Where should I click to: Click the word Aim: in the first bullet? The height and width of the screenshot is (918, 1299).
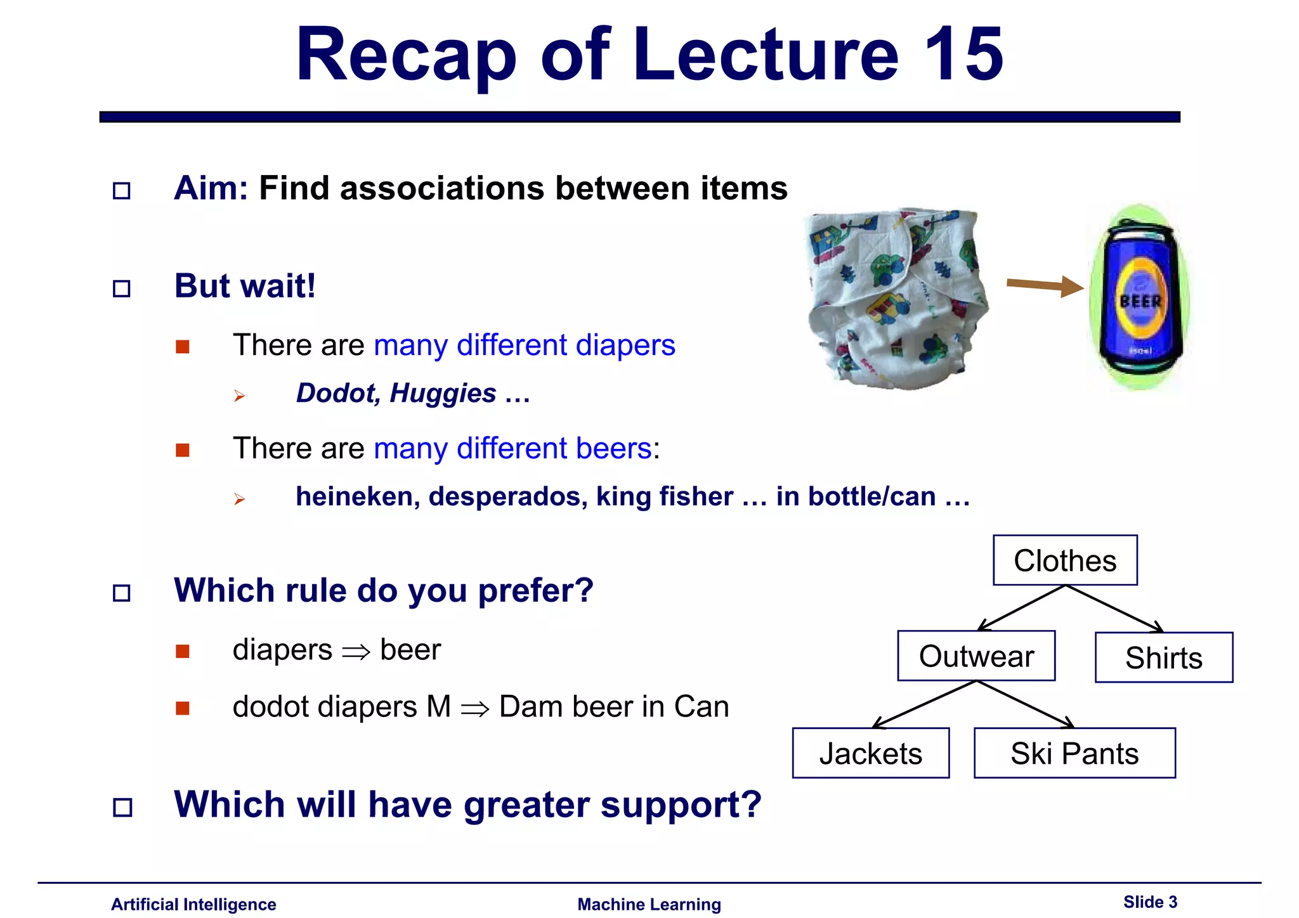click(x=211, y=188)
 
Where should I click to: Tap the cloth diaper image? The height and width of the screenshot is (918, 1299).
click(x=896, y=298)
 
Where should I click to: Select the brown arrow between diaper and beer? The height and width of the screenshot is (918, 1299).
click(x=1043, y=286)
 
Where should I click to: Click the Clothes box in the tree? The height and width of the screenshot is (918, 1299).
click(x=1065, y=560)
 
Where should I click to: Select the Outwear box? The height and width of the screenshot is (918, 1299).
click(x=976, y=656)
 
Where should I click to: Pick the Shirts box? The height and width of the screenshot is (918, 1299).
click(x=1163, y=657)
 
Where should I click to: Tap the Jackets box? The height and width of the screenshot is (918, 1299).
click(x=870, y=753)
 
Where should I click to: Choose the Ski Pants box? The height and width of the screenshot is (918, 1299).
click(x=1074, y=753)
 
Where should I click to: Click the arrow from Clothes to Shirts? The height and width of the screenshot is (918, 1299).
click(x=1115, y=609)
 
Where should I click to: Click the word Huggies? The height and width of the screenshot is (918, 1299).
click(x=443, y=394)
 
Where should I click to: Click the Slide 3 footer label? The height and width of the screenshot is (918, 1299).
click(x=1150, y=902)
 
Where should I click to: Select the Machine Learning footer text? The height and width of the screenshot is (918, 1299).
click(x=649, y=905)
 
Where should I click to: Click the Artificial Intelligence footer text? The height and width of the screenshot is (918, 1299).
click(x=193, y=905)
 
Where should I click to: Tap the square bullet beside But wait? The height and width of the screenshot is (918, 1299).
click(x=122, y=289)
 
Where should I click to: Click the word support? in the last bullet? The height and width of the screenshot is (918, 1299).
click(x=681, y=805)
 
